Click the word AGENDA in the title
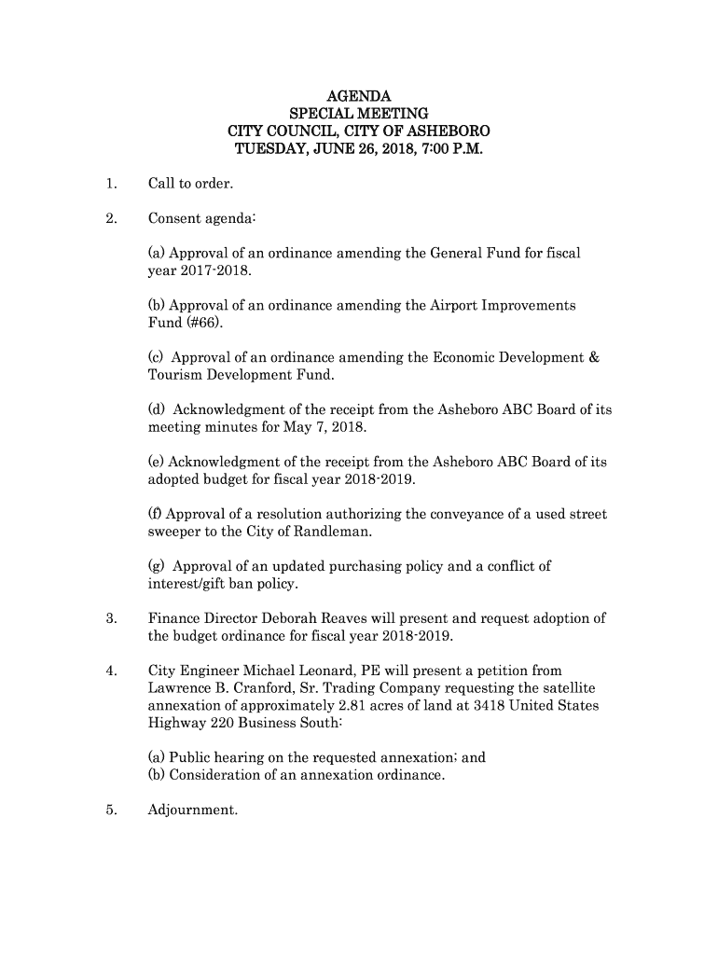click(359, 96)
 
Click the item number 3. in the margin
click(111, 618)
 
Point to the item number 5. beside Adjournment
click(111, 810)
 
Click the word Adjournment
click(193, 810)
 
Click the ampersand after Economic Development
click(596, 357)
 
